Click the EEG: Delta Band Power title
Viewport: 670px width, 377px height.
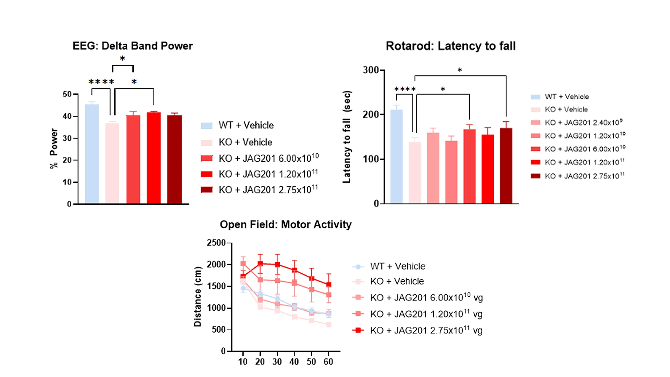tap(133, 46)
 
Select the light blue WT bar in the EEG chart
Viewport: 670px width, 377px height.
tap(92, 154)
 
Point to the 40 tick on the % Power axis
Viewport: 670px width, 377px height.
tap(67, 116)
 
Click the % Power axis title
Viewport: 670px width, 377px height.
tap(54, 148)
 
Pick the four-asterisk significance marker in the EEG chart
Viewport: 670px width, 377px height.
tap(101, 82)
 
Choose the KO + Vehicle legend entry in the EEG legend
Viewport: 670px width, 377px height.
tap(245, 142)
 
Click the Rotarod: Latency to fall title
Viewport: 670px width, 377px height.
tap(451, 46)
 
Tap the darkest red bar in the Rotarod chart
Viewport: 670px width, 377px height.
tap(506, 166)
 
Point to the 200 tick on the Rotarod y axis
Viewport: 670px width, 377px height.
tap(371, 114)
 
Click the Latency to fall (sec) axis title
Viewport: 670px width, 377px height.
tap(347, 137)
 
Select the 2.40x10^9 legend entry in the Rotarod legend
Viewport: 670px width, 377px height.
tap(583, 123)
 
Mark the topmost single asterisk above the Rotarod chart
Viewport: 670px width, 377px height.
tap(460, 70)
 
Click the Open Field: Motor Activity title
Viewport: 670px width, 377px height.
tap(285, 224)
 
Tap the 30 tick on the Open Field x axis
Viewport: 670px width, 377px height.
tap(277, 362)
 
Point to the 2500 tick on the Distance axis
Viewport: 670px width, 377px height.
tap(216, 243)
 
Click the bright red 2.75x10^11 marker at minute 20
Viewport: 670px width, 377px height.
tap(260, 264)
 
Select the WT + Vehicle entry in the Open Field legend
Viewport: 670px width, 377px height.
tap(397, 266)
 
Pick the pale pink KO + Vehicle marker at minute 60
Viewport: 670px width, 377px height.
tap(329, 325)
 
